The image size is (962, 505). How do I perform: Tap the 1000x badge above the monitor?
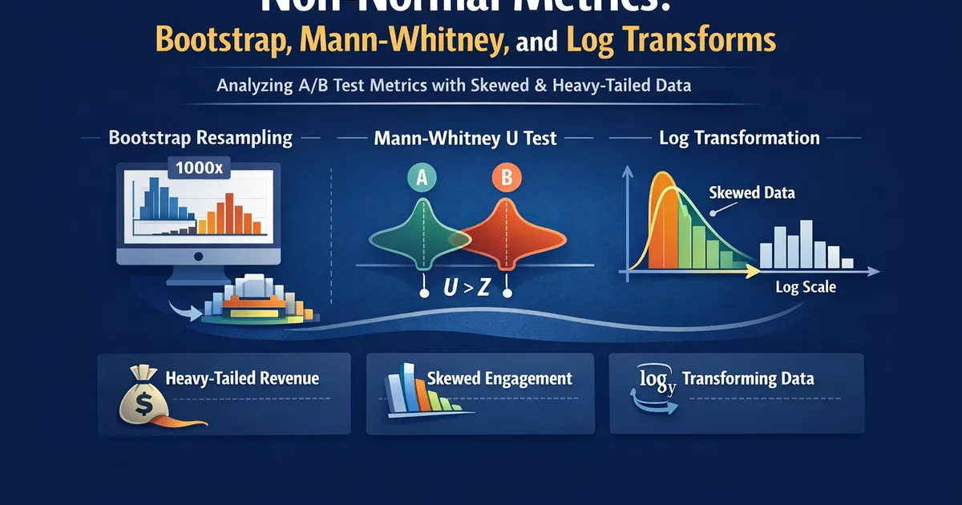coord(199,169)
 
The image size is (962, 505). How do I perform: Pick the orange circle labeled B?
coord(506,179)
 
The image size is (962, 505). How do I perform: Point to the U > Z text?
coord(467,287)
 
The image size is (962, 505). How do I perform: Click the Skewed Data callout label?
coord(752,193)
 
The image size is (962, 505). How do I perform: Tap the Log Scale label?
coord(806,287)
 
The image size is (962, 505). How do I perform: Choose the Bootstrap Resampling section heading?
coord(200,138)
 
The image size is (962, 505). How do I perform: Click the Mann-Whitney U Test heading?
coord(465,139)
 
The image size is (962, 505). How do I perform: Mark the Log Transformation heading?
coord(739,138)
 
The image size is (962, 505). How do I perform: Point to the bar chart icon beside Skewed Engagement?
coord(406,391)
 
